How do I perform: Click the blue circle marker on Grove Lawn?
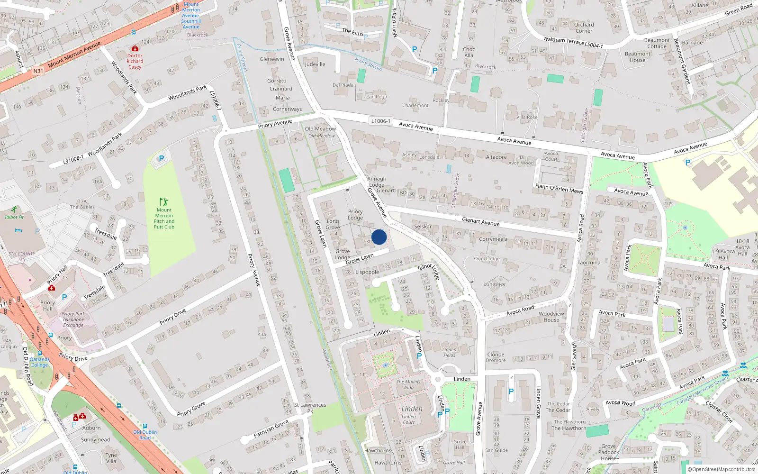pos(379,237)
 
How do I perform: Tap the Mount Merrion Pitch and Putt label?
pos(164,219)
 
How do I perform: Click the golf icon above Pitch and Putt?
pos(164,202)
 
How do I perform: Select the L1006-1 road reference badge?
pos(381,121)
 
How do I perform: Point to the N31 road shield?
pos(38,71)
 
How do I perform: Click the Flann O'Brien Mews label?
pos(559,188)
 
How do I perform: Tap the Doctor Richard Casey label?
pos(135,61)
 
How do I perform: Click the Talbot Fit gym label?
pos(14,217)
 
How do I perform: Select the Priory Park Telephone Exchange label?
pos(73,319)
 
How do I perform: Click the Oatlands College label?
pos(39,362)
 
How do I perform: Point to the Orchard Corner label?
pos(584,27)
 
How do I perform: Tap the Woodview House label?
pos(551,317)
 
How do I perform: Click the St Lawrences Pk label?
pos(310,408)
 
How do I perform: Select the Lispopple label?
pos(367,272)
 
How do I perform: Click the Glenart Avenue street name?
pos(480,221)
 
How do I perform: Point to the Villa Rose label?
pos(527,117)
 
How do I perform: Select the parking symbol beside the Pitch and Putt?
pos(161,158)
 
